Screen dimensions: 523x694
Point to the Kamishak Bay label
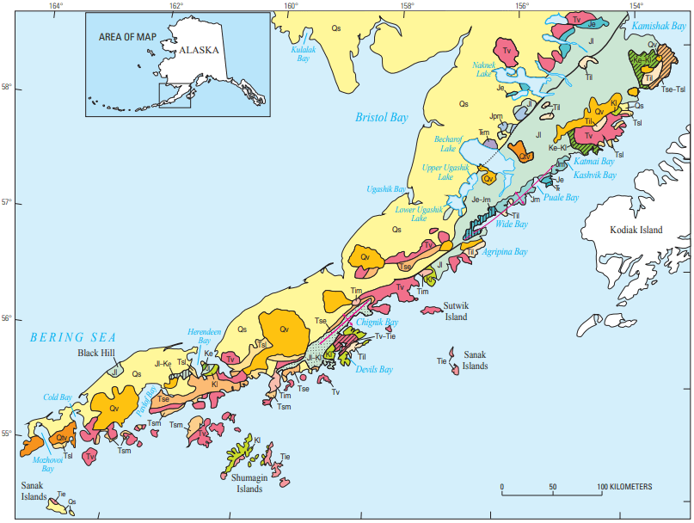(659, 27)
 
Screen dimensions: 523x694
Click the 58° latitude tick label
(7, 87)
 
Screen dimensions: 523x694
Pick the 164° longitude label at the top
(56, 7)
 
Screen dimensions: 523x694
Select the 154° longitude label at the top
(636, 7)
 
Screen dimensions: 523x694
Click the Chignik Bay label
(378, 323)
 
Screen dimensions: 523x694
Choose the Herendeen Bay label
(205, 335)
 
